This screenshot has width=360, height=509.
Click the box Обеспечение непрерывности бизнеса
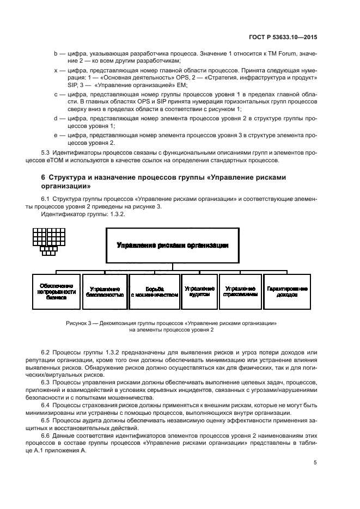pos(56,291)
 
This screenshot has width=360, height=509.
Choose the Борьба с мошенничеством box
pos(155,291)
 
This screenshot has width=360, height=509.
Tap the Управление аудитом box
pos(199,291)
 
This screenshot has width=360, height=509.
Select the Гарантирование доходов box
pos(286,291)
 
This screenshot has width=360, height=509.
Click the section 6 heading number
pos(44,177)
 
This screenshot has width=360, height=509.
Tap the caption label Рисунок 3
pos(80,322)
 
